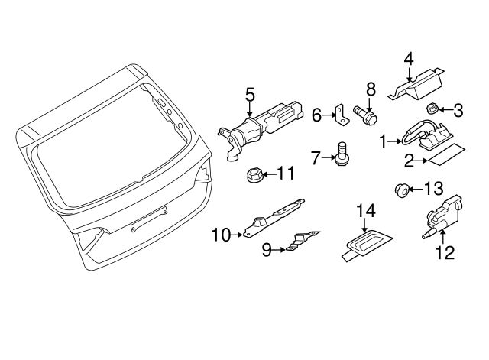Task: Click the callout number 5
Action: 249,95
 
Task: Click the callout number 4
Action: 409,57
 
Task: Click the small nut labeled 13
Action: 398,189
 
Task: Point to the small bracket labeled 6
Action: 338,116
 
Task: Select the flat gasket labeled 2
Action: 441,160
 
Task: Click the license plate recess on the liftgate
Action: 145,225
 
